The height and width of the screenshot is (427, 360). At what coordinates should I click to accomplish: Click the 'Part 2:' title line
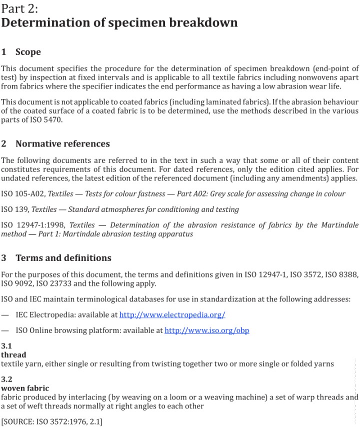point(20,8)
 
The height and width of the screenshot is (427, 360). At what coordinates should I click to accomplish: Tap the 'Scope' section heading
point(28,52)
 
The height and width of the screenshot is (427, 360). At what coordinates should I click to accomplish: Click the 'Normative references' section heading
point(62,144)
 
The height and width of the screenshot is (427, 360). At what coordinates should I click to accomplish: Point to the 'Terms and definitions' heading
point(63,258)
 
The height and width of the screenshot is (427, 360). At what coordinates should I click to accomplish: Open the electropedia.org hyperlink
point(172,315)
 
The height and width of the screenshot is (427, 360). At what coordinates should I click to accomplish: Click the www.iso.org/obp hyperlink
point(206,330)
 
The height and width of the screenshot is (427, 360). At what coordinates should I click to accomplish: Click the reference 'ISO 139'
point(15,209)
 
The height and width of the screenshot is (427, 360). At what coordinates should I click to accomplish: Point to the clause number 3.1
point(6,346)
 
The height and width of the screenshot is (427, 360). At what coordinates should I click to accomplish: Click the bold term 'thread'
point(13,355)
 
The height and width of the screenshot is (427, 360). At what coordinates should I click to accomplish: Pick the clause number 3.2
point(6,379)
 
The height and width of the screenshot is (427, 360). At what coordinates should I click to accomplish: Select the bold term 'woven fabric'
point(25,388)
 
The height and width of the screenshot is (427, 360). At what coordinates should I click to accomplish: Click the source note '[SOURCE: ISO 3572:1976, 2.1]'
point(52,422)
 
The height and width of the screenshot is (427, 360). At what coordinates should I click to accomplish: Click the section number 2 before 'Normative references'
point(4,144)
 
